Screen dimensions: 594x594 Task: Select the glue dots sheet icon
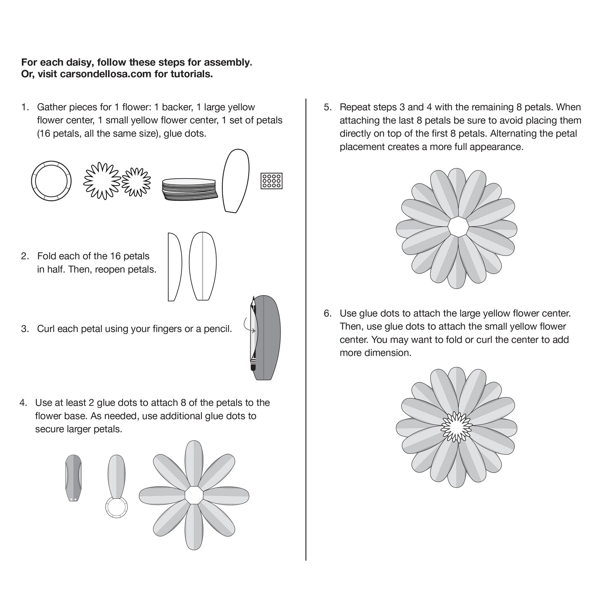click(271, 181)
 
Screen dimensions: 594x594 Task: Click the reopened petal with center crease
click(203, 267)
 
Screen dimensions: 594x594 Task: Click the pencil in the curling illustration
click(252, 334)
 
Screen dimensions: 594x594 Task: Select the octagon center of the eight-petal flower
click(194, 495)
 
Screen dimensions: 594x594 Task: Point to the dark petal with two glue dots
click(73, 478)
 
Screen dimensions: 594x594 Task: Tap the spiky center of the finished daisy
click(457, 427)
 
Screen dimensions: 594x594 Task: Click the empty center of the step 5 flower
click(457, 226)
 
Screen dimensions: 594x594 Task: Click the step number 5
click(327, 107)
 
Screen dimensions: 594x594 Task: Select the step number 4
click(23, 403)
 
